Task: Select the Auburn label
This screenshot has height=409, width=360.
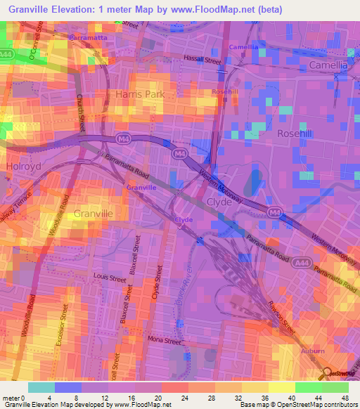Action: (x=312, y=350)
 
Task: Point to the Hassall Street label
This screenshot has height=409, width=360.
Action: (x=202, y=61)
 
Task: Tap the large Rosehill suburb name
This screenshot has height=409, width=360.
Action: (x=296, y=133)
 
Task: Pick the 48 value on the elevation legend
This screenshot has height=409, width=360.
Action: (x=345, y=399)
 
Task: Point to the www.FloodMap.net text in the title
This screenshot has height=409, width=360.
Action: (x=236, y=9)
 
